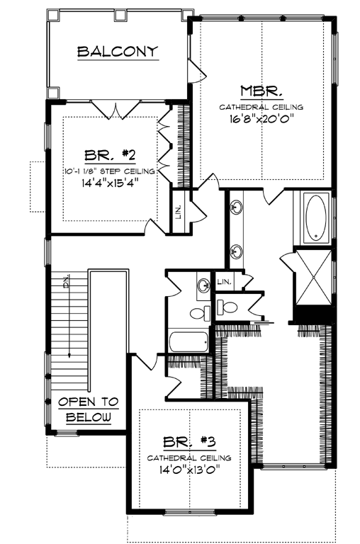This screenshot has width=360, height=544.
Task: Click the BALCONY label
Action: coord(117,51)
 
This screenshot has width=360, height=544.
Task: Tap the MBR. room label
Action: coord(261,91)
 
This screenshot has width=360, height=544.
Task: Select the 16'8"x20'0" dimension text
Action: coord(261,119)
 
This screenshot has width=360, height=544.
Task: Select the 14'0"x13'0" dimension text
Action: coord(189,469)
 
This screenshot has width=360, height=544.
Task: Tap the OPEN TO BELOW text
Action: coord(89,409)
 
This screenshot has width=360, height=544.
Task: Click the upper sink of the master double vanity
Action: coord(236,208)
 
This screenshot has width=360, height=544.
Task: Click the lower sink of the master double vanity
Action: coord(235,250)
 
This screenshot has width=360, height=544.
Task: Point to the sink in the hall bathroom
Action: coord(203,285)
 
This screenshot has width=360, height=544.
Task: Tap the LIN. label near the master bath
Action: coord(225,281)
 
